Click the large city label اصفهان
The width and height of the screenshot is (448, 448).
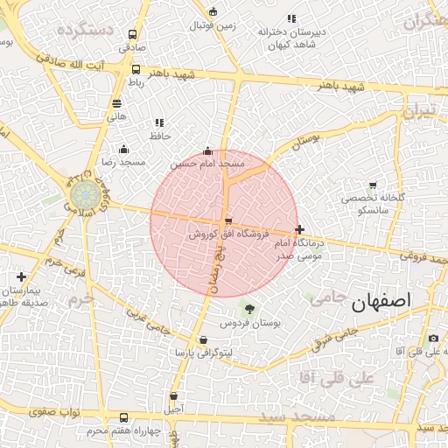click(381, 304)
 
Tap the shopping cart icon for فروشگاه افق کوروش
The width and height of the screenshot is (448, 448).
click(228, 221)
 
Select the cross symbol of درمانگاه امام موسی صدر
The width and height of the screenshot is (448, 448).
click(300, 229)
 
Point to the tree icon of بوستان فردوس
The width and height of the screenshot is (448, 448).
click(250, 309)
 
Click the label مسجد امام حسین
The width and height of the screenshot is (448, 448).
click(207, 164)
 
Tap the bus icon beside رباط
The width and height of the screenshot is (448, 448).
click(136, 69)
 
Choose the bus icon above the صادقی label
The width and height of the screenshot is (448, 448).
click(132, 36)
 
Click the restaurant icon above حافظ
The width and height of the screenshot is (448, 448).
click(158, 123)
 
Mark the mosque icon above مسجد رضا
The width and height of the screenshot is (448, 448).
click(123, 149)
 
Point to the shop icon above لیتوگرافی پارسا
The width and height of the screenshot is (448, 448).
click(204, 340)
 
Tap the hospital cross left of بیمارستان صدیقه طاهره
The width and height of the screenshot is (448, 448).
click(21, 277)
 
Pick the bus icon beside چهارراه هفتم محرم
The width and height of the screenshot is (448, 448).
click(122, 417)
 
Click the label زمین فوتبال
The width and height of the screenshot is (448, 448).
click(213, 25)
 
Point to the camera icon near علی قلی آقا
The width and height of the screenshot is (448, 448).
click(433, 339)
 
